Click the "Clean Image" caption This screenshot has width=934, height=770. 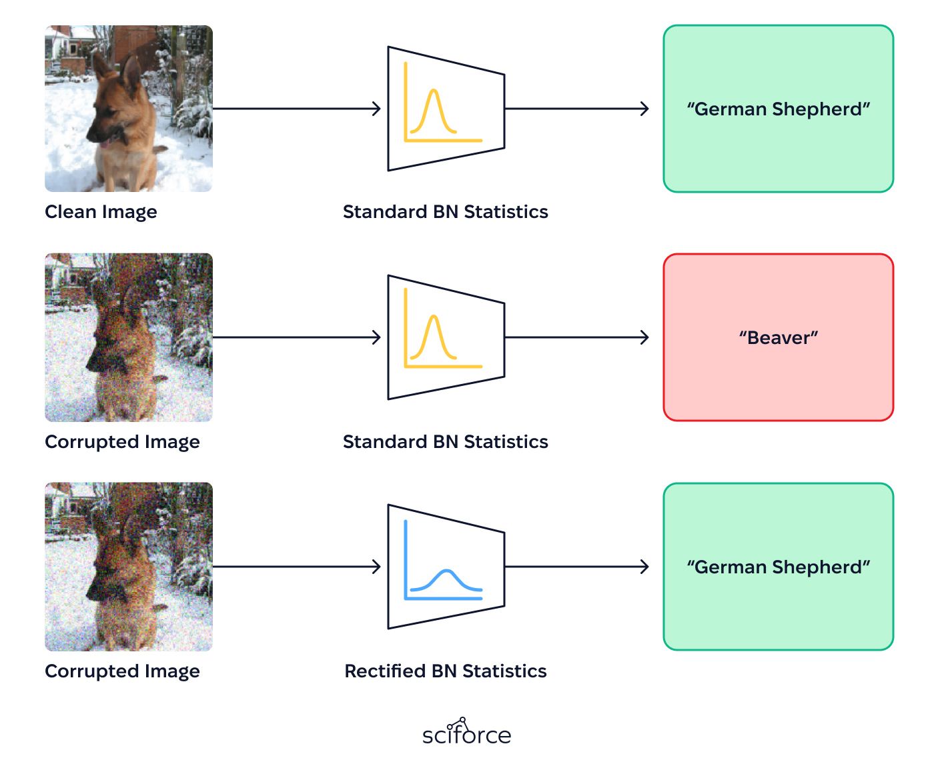point(101,212)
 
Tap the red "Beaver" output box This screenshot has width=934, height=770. point(778,337)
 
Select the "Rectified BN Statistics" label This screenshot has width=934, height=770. point(446,671)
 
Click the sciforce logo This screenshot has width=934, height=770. point(466,731)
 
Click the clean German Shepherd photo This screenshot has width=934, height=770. point(129,109)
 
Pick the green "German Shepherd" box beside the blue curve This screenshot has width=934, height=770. point(778,567)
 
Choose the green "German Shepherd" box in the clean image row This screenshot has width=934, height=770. point(778,109)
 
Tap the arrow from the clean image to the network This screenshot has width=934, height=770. point(297,109)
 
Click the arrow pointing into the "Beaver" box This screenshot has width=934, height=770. point(576,337)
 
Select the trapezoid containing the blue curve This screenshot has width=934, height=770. point(446,567)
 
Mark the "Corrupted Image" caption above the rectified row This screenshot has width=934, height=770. point(122,442)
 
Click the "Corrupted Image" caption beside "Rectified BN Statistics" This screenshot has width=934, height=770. point(122,671)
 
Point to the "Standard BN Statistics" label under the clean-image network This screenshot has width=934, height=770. point(446,211)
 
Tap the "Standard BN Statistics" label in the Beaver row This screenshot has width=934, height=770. point(446,441)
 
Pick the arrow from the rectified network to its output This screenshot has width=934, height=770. point(576,567)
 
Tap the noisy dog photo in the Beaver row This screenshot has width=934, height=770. point(129,337)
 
